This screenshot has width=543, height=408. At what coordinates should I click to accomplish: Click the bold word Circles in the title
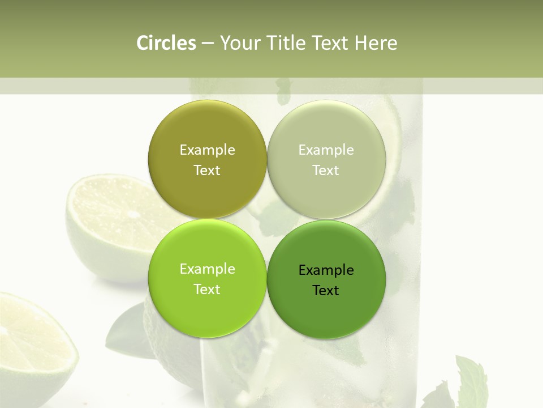pyautogui.click(x=166, y=43)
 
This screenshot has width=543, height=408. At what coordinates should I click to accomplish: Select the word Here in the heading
pyautogui.click(x=376, y=43)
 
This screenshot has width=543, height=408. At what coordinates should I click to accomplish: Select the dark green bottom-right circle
pyautogui.click(x=326, y=312)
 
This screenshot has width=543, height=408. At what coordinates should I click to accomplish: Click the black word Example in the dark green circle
pyautogui.click(x=326, y=270)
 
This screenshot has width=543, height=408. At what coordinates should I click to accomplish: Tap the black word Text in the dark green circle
pyautogui.click(x=326, y=290)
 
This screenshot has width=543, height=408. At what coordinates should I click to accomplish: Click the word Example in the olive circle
pyautogui.click(x=207, y=150)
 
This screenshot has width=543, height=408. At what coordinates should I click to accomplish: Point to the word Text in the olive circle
pyautogui.click(x=207, y=170)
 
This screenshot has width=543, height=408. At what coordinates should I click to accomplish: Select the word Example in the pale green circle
pyautogui.click(x=326, y=150)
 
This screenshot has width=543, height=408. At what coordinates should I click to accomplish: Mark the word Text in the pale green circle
pyautogui.click(x=326, y=170)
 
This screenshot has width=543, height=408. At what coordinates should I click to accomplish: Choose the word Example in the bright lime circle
pyautogui.click(x=207, y=269)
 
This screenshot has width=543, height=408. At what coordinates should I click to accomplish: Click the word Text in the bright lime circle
pyautogui.click(x=207, y=289)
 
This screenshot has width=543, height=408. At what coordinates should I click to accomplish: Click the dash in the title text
pyautogui.click(x=208, y=44)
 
